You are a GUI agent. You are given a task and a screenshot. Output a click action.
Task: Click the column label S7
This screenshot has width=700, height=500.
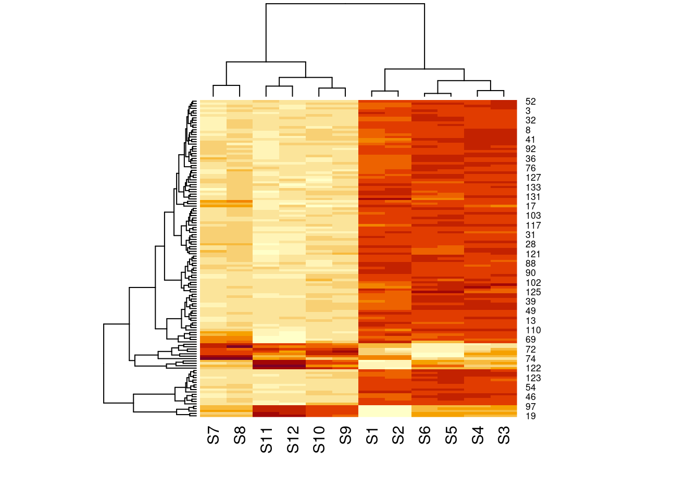coord(214,435)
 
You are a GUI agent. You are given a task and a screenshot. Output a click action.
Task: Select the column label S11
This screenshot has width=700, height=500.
coord(266,440)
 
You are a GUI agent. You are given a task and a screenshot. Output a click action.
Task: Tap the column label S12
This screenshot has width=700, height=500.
coord(293,440)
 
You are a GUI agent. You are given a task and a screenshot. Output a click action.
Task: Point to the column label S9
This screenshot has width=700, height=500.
coord(345,435)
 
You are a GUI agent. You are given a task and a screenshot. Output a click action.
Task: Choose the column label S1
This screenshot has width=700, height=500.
coord(372,435)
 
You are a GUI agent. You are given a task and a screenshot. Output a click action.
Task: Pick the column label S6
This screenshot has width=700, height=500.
coord(424,435)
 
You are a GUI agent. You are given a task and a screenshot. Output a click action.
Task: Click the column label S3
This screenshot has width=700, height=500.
coord(504,435)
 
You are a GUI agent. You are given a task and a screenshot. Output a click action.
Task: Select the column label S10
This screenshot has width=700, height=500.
coord(319,440)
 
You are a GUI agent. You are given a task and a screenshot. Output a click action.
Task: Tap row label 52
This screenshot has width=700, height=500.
coord(530,102)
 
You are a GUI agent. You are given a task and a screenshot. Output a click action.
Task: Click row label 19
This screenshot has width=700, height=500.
coord(530,416)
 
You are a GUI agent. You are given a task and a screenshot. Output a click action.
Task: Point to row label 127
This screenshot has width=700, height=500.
coord(533,178)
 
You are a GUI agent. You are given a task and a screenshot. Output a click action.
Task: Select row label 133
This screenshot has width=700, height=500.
coord(533,187)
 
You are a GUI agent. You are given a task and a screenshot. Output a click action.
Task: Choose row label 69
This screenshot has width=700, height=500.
coord(530,340)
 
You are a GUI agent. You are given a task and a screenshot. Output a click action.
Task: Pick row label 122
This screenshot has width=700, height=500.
coord(533,368)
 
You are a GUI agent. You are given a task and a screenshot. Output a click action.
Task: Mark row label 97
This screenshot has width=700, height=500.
coord(530,407)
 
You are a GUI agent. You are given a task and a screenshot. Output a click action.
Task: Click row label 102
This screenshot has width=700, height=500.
coord(533,283)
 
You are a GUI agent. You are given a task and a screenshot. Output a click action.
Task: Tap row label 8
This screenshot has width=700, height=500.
coord(528,130)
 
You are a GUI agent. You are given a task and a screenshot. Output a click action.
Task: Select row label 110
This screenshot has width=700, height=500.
coord(533,330)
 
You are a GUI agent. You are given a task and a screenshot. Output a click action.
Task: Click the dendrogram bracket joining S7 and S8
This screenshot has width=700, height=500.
coord(227,85)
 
